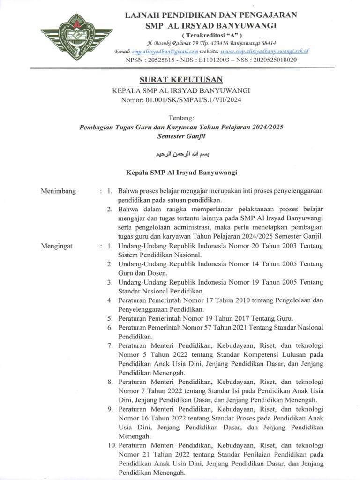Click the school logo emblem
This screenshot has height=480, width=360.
[76, 37]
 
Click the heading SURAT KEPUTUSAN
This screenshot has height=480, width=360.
[181, 80]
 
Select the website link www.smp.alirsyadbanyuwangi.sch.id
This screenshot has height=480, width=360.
[264, 51]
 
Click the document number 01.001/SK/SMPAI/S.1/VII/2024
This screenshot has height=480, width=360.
[194, 99]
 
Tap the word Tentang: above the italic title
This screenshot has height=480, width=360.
[181, 118]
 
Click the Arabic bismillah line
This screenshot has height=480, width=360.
[181, 154]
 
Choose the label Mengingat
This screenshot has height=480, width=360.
[57, 246]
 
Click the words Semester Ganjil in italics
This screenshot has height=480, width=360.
[181, 136]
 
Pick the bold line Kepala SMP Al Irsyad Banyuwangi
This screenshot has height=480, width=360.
[181, 172]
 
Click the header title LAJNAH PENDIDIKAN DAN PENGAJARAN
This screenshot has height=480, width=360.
[211, 15]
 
